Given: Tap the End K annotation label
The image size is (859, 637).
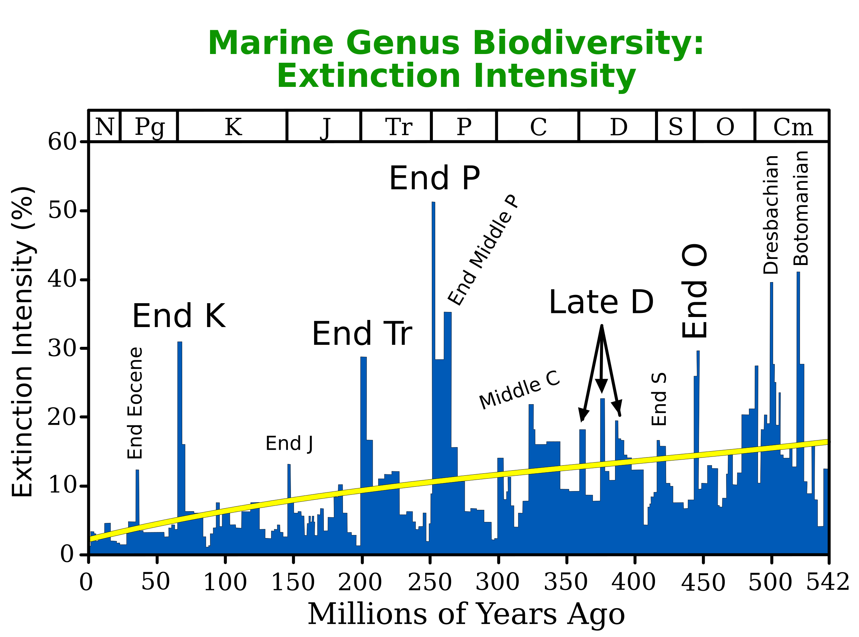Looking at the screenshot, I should [x=179, y=316].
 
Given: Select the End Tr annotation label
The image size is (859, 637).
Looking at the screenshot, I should [x=362, y=333].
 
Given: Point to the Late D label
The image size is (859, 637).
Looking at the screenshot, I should [x=601, y=302].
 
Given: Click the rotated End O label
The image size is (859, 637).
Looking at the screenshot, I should [x=695, y=291].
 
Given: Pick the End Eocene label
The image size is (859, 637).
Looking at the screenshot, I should [x=135, y=403].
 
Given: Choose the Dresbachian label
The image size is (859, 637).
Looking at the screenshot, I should [x=771, y=215].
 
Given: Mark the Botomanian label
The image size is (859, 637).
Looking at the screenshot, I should [x=801, y=208].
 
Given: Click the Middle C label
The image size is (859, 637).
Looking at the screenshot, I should [x=519, y=389].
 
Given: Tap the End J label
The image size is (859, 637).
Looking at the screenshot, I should [x=289, y=443].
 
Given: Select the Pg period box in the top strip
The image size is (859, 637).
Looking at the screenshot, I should [x=149, y=126].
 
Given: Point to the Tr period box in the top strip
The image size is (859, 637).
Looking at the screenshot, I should [x=398, y=126].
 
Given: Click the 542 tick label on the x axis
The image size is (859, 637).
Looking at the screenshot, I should [x=828, y=582].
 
